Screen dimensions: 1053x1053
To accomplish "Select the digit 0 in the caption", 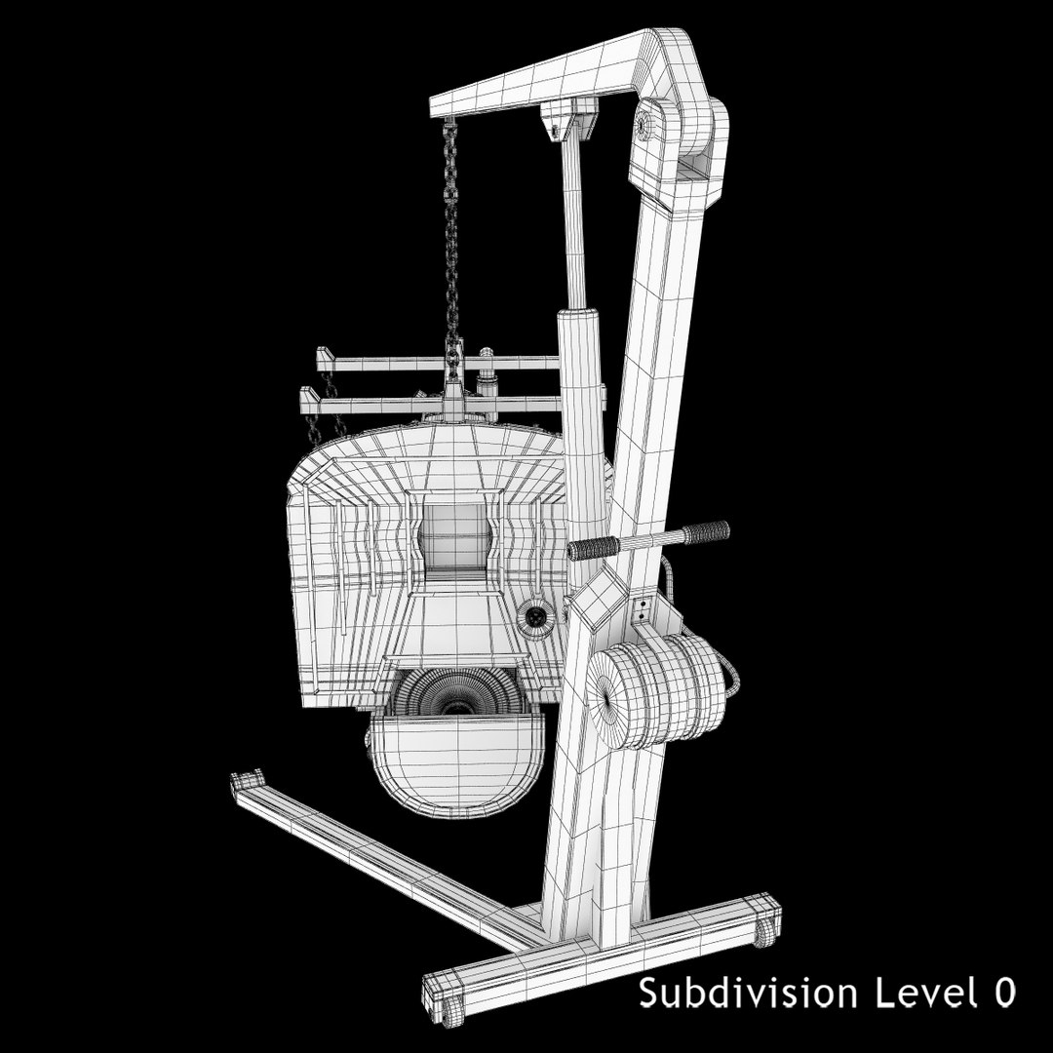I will (1004, 994).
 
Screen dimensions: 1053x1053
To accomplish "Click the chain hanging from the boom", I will (451, 234).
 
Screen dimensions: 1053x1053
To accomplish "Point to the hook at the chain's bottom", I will (453, 369).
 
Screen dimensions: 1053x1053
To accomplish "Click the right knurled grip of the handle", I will (706, 533).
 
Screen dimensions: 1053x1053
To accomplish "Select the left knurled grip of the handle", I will (592, 549).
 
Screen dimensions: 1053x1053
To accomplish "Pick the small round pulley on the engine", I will (535, 615).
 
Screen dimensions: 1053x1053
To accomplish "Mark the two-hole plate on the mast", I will (642, 612).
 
